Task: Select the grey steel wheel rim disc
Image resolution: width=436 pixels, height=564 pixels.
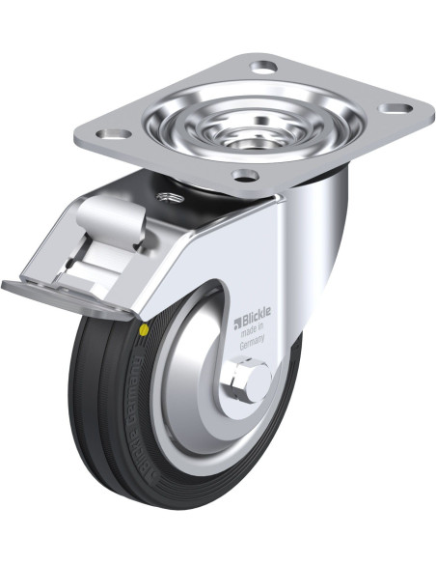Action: [x=198, y=406]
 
